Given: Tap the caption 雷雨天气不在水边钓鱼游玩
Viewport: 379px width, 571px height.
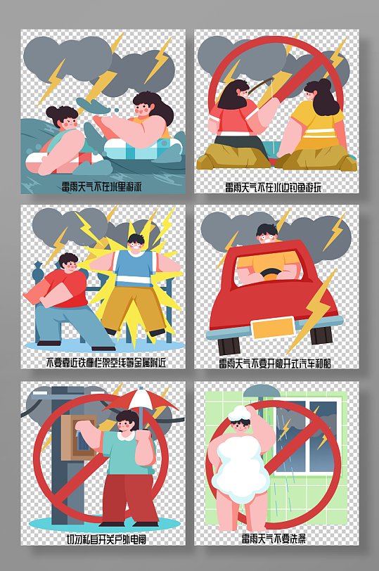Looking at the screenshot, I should [x=276, y=187].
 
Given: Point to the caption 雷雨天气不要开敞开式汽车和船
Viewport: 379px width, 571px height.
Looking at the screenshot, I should [x=276, y=363].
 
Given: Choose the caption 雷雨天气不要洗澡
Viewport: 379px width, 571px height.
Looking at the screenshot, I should [x=276, y=539].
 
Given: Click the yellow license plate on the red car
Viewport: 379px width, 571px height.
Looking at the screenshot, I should [x=272, y=328].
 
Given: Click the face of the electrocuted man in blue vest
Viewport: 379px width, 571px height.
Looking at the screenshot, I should [x=136, y=244].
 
